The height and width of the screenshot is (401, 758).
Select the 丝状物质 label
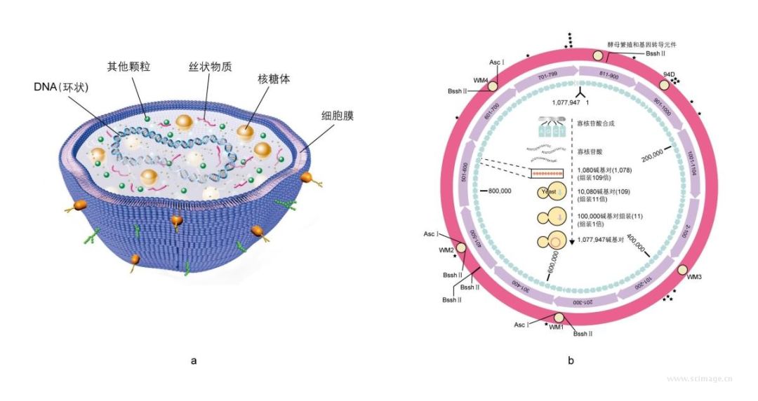coord(210,67)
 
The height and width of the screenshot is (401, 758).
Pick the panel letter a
coord(193,362)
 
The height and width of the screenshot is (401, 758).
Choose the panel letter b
coord(571,362)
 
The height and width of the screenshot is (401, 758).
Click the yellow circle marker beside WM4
coord(492,86)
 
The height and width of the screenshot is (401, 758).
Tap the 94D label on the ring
coord(669,74)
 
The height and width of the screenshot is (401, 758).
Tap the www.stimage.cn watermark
coord(699,379)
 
